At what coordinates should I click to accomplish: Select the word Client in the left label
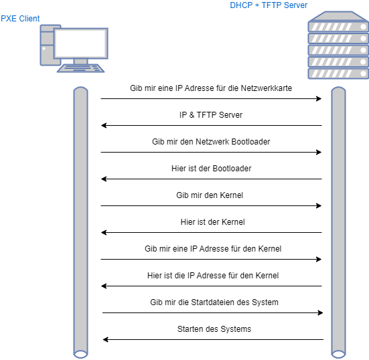point(29,18)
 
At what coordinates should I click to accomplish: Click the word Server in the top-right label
point(295,5)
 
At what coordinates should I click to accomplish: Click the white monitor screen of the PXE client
point(80,43)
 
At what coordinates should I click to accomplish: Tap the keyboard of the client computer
point(80,68)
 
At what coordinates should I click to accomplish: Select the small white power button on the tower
point(44,48)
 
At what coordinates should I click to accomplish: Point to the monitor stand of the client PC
point(80,61)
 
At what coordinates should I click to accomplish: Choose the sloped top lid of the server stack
point(338,15)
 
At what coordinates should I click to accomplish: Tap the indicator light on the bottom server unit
point(362,73)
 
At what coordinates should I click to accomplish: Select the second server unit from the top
point(338,38)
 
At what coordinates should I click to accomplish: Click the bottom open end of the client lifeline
point(80,353)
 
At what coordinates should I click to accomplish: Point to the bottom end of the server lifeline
point(339,353)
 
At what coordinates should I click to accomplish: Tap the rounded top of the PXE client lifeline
point(80,90)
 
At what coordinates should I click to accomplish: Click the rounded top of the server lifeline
point(339,90)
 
